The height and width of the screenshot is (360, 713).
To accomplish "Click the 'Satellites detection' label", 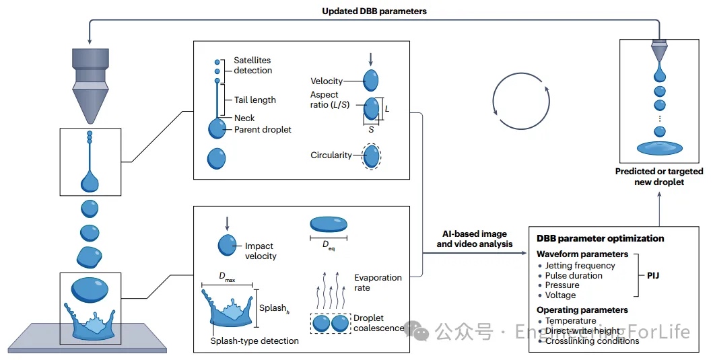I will (x=253, y=65).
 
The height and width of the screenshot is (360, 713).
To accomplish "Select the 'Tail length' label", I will (x=254, y=100).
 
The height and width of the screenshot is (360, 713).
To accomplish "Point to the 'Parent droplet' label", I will (x=263, y=129).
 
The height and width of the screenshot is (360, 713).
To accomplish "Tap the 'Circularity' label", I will (x=331, y=155).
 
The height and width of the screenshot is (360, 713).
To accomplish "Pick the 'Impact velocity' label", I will (x=261, y=251).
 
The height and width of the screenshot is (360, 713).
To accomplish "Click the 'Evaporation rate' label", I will (x=378, y=283).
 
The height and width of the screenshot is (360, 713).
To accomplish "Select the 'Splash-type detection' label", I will (x=254, y=341).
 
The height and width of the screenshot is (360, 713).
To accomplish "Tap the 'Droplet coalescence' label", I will (x=379, y=323).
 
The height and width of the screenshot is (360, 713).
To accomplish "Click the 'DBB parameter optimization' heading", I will (x=600, y=238).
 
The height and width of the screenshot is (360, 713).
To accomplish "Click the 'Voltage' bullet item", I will (x=560, y=295).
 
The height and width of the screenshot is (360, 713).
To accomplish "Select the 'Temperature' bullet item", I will (x=571, y=321).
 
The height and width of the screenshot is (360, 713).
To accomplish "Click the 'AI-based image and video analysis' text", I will (x=471, y=239).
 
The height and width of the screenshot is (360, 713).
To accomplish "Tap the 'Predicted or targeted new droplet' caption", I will (x=658, y=176).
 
